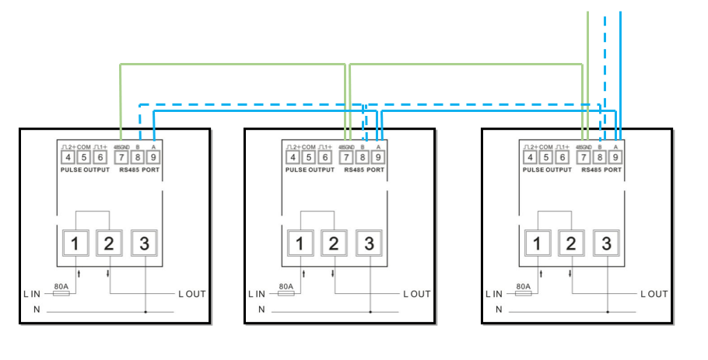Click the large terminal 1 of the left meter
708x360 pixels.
75,243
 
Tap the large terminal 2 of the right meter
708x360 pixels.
571,243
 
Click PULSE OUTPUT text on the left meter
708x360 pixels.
85,170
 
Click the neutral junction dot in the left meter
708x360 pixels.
145,312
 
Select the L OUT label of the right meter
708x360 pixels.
654,294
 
